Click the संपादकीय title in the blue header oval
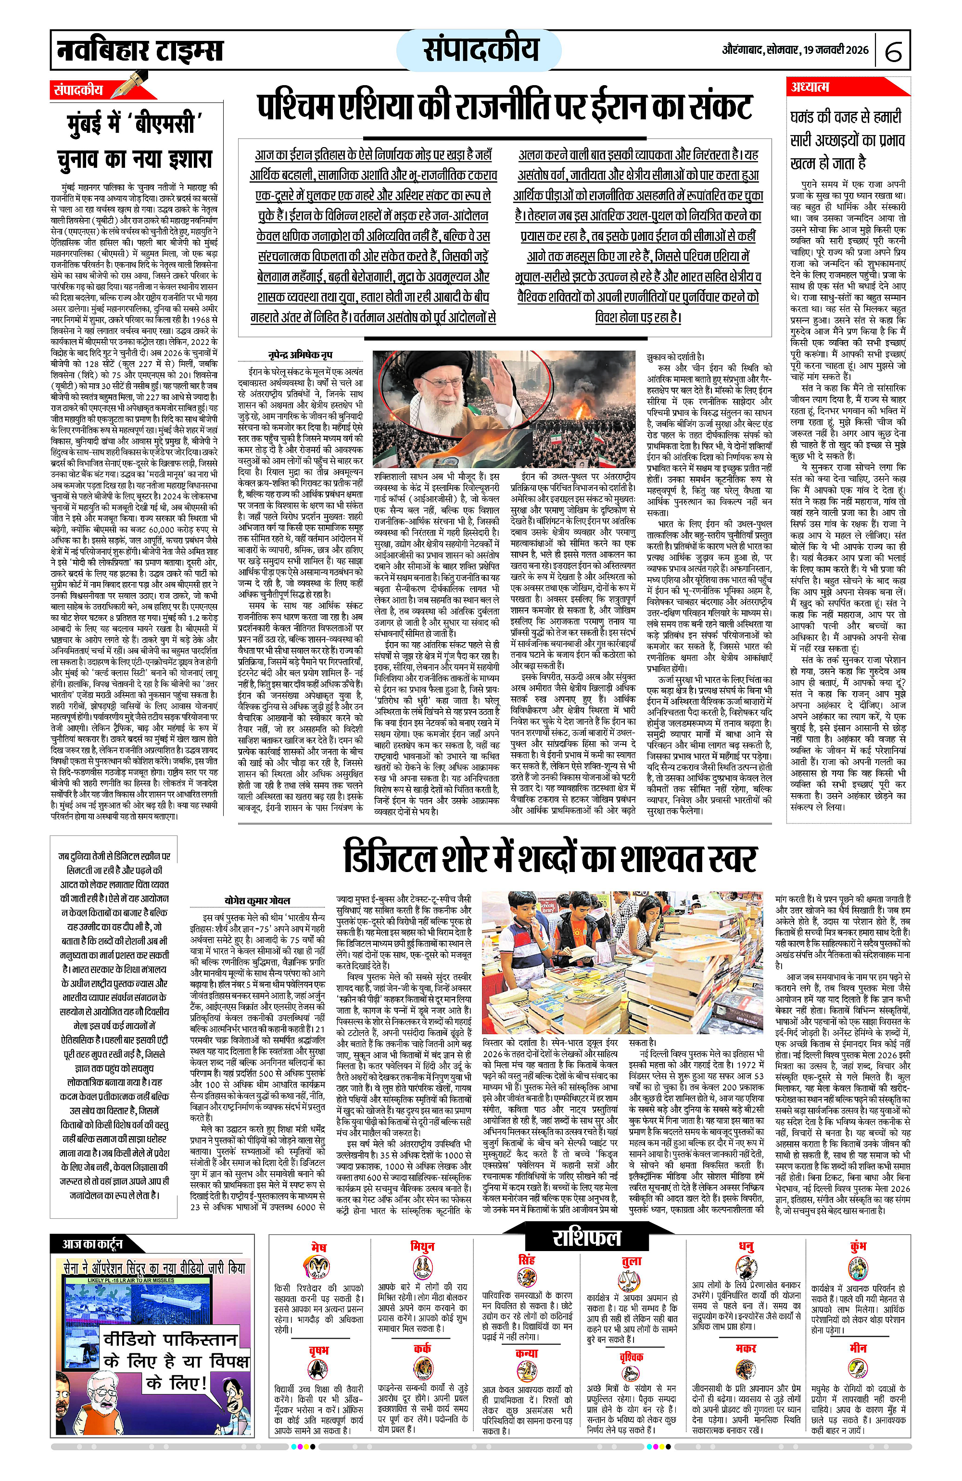click(481, 50)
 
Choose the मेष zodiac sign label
click(318, 1230)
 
